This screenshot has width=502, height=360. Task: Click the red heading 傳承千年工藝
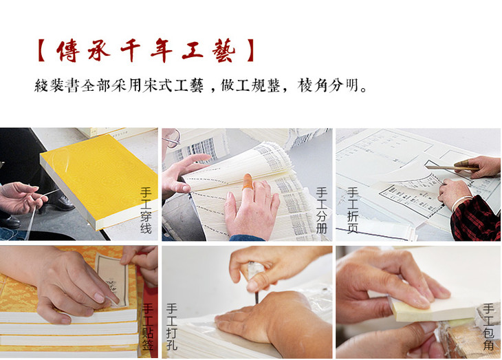pos(146,50)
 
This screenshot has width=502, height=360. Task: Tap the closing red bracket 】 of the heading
pos(251,50)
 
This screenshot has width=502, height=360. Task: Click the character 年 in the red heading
pos(162,50)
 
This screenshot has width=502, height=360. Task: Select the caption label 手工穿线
pos(146,211)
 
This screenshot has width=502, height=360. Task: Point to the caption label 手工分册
pos(321,211)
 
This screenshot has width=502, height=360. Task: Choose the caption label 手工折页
pos(352,211)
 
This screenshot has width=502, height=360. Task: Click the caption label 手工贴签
pos(148,326)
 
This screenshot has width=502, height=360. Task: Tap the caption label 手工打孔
pos(172,326)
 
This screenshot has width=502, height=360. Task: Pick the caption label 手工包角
pos(488,326)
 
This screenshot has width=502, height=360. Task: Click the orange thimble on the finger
pos(248,182)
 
